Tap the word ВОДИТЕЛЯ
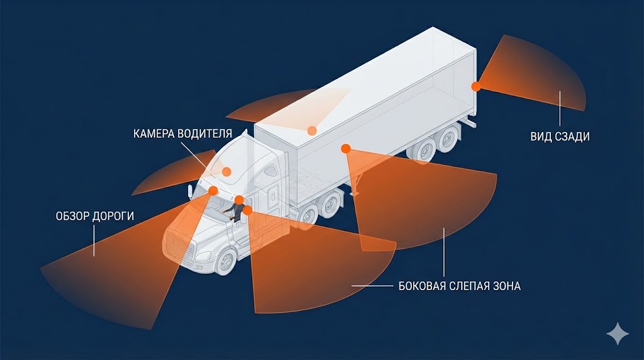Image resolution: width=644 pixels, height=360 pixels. coord(208,134)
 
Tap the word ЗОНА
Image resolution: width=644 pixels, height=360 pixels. coord(509,286)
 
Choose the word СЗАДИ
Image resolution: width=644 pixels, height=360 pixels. coord(571,137)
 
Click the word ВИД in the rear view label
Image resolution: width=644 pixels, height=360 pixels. coord(540,137)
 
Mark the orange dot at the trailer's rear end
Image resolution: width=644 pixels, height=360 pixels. coord(476,86)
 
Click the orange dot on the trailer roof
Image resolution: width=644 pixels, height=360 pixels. coord(311,131)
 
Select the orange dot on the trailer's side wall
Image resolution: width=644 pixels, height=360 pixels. coord(345,149)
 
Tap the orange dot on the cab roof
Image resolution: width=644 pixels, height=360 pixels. coord(226,171)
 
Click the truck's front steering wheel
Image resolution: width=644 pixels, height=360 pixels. coord(225,261)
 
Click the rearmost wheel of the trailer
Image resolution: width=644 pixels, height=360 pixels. coord(448,138)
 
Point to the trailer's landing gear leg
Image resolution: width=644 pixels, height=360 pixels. coord(356,186)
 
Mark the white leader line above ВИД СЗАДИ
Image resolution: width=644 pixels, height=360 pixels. coord(559,107)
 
